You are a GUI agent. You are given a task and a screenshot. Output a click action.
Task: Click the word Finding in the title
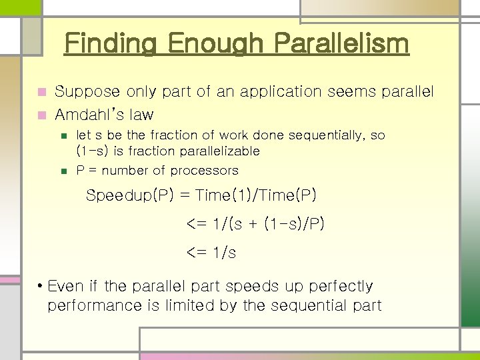[111, 45]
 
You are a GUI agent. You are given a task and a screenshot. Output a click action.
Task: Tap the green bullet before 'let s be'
[64, 135]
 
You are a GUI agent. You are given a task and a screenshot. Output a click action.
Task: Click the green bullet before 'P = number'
[64, 171]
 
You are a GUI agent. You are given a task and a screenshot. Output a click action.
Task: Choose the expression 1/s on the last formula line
[223, 253]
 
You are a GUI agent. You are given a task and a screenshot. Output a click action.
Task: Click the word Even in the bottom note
[66, 286]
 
